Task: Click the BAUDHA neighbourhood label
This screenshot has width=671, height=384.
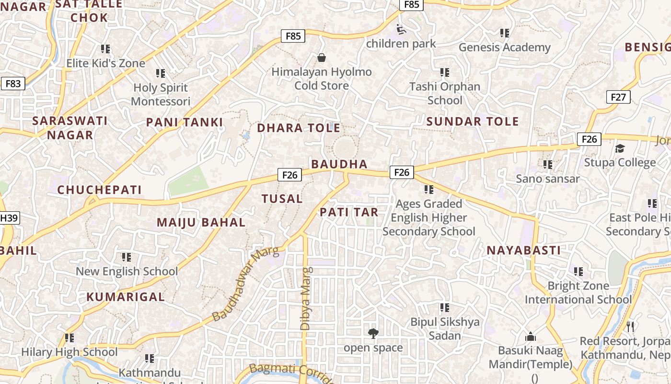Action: pos(339,164)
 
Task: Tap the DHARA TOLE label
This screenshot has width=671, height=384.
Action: pos(299,128)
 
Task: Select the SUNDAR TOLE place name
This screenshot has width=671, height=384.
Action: pos(473,121)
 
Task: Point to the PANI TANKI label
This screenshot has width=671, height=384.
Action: pos(185,122)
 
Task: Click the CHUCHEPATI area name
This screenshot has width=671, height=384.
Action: pos(100,190)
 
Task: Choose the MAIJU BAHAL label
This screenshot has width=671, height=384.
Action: pos(201,223)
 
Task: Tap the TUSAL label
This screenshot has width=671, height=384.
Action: pos(282,199)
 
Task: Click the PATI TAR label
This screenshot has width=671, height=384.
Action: pos(349,212)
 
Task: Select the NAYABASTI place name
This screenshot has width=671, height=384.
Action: pos(523,251)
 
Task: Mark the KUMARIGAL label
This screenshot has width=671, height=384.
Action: pos(126,297)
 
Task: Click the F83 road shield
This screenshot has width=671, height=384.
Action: pos(13,84)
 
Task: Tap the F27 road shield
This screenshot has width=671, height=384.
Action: pos(618,97)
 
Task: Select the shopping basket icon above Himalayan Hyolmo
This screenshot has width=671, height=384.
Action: pos(322,58)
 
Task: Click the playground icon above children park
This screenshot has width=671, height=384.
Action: pos(401,30)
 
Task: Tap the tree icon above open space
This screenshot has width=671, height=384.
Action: pos(373,333)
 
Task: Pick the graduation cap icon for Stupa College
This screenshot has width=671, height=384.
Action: pos(620,148)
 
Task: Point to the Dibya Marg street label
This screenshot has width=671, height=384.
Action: pos(305,298)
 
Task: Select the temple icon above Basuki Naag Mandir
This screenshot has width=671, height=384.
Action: pos(530,336)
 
